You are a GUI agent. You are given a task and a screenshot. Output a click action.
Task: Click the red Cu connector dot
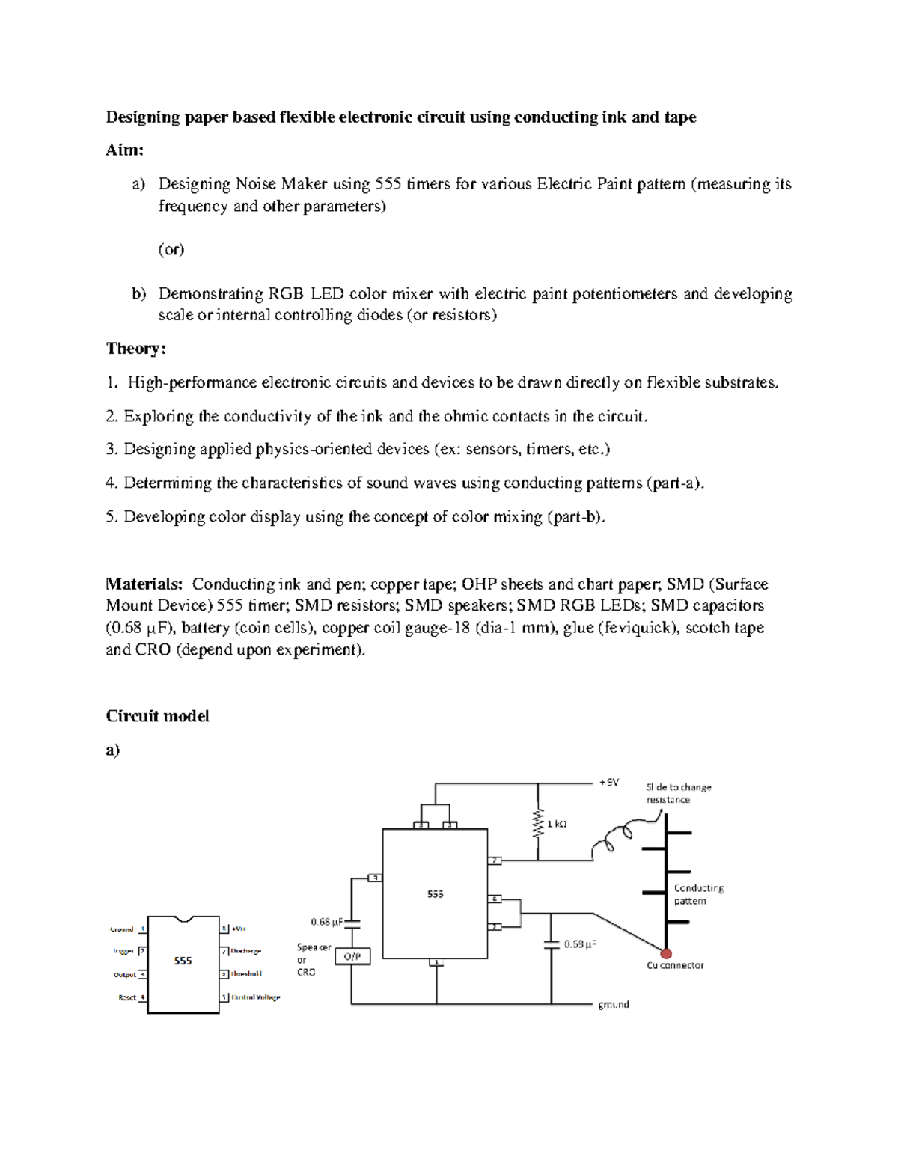tap(665, 953)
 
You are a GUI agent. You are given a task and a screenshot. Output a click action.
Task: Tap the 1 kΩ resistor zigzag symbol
tap(537, 824)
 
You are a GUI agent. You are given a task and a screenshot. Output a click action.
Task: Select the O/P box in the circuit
tap(352, 956)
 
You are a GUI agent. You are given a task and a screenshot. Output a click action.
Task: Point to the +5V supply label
tap(608, 782)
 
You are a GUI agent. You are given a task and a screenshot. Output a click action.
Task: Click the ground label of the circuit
tap(613, 1004)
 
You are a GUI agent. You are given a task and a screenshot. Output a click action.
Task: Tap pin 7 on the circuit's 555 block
tap(494, 860)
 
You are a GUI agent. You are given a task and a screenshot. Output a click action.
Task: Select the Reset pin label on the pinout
tap(127, 997)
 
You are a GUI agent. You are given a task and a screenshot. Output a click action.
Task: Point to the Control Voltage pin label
tap(255, 997)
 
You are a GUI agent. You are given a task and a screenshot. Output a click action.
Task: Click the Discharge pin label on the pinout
tap(245, 951)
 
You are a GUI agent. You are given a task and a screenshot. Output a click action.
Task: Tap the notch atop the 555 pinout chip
tap(183, 918)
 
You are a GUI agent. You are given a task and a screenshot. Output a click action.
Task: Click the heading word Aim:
tap(124, 150)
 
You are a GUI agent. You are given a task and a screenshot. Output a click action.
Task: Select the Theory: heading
tap(135, 349)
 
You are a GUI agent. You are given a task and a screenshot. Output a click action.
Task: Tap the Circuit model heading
tap(157, 716)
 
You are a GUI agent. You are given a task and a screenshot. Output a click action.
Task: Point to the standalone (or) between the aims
tap(171, 249)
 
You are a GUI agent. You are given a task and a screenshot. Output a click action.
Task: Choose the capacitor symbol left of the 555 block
tap(351, 923)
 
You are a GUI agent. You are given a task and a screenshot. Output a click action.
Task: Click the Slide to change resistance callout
tap(678, 793)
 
